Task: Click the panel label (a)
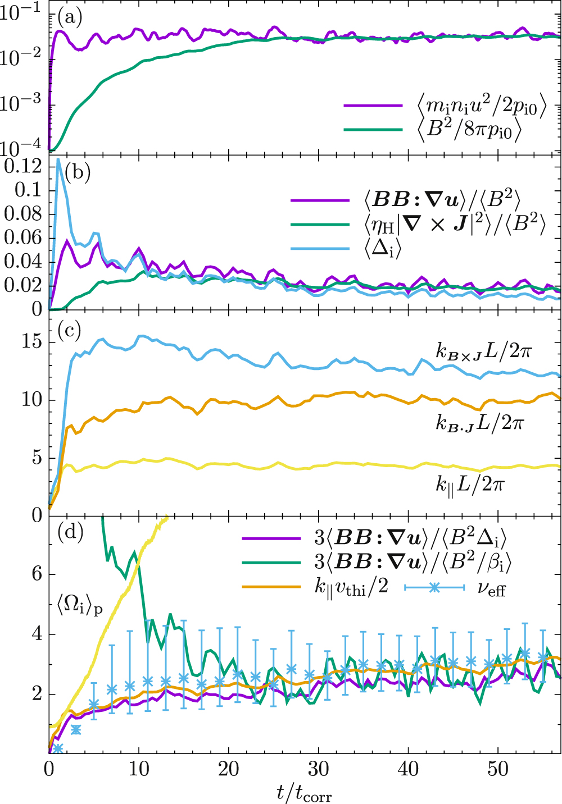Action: point(70,18)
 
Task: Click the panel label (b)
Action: point(78,172)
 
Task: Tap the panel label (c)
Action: point(70,331)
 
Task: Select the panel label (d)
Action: point(70,532)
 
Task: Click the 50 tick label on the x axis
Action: point(498,769)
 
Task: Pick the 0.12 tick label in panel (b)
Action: point(22,166)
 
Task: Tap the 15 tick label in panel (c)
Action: point(30,341)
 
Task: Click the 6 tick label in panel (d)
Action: point(36,574)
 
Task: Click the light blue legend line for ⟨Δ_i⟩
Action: point(320,248)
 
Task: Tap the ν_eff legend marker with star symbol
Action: point(434,587)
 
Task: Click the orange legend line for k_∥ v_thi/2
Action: point(272,587)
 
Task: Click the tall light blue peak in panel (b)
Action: point(58,160)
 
